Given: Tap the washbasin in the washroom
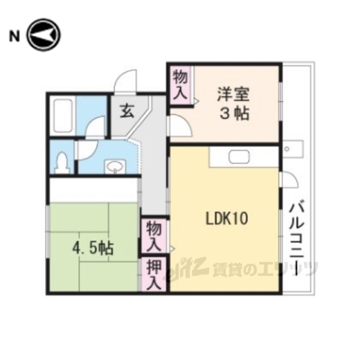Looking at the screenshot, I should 114,165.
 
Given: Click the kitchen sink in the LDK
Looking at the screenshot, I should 239,157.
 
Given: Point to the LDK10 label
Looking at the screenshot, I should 227,219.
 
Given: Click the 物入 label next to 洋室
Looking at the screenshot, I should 179,84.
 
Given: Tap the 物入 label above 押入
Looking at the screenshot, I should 153,235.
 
